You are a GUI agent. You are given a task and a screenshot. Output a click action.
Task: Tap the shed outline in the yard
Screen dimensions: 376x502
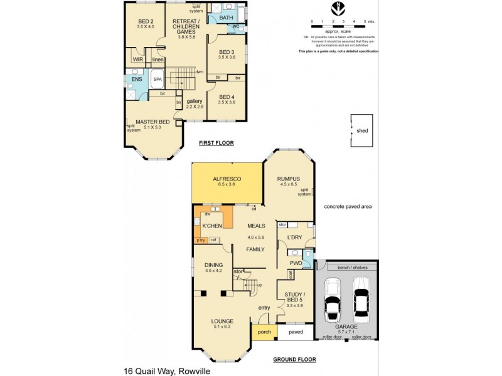click(361, 131)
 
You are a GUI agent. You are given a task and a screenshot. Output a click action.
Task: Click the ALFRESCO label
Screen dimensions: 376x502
click(227, 179)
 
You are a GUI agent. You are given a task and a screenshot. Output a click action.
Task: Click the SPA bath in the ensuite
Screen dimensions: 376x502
click(158, 80)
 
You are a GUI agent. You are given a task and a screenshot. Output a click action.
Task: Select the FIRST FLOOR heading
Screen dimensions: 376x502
click(216, 144)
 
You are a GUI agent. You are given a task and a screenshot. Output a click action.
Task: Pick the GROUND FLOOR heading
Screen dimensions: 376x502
click(294, 359)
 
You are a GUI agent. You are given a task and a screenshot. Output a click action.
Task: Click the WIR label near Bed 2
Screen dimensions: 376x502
click(137, 59)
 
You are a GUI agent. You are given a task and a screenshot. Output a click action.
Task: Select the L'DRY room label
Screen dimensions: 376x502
click(295, 237)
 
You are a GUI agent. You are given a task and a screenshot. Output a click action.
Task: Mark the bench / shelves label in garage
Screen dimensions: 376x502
click(346, 268)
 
